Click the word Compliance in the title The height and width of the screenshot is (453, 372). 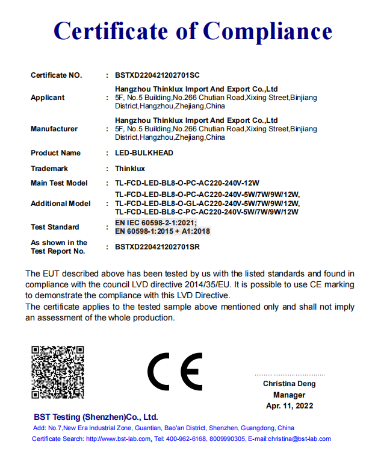point(267,31)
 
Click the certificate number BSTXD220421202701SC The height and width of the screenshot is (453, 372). point(157,75)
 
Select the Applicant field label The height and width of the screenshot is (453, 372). point(48,97)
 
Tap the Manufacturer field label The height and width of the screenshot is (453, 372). point(54,129)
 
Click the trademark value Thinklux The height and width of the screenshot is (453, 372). point(130,169)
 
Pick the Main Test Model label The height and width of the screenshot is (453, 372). point(59,183)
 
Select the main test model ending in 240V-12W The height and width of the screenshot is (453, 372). point(191,183)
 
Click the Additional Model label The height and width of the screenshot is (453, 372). point(61,204)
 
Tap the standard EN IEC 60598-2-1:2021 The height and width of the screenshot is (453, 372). point(156,223)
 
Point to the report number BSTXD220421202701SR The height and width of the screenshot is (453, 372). point(157,247)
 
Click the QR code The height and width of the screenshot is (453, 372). point(58,372)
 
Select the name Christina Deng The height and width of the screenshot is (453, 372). point(289,384)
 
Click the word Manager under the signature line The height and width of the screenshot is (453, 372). point(289,395)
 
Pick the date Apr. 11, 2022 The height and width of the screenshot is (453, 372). point(289,406)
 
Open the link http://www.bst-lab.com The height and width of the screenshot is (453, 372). point(118,439)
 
